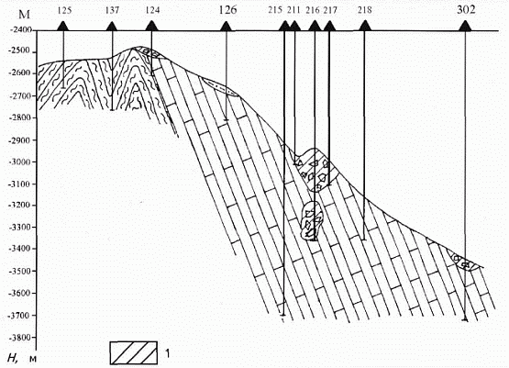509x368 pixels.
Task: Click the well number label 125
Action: point(64,10)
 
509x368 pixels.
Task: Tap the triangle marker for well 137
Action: point(111,27)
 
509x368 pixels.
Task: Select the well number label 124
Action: point(152,10)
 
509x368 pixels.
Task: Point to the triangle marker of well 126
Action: point(226,27)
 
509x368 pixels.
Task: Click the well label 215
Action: point(275,10)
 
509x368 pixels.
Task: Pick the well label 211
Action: point(293,10)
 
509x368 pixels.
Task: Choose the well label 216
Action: point(313,10)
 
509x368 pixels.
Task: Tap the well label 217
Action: point(330,10)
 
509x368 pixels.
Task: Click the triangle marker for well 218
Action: point(365,26)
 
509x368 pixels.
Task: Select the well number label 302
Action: point(466,10)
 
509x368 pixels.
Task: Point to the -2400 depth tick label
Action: point(21,30)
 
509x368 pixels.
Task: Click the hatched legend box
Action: point(133,352)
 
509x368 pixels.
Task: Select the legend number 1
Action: point(167,353)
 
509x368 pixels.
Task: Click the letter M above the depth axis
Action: point(25,15)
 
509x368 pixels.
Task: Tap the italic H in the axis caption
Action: point(12,358)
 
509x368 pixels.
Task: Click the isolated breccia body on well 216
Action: point(312,220)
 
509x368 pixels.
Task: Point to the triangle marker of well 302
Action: point(465,26)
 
